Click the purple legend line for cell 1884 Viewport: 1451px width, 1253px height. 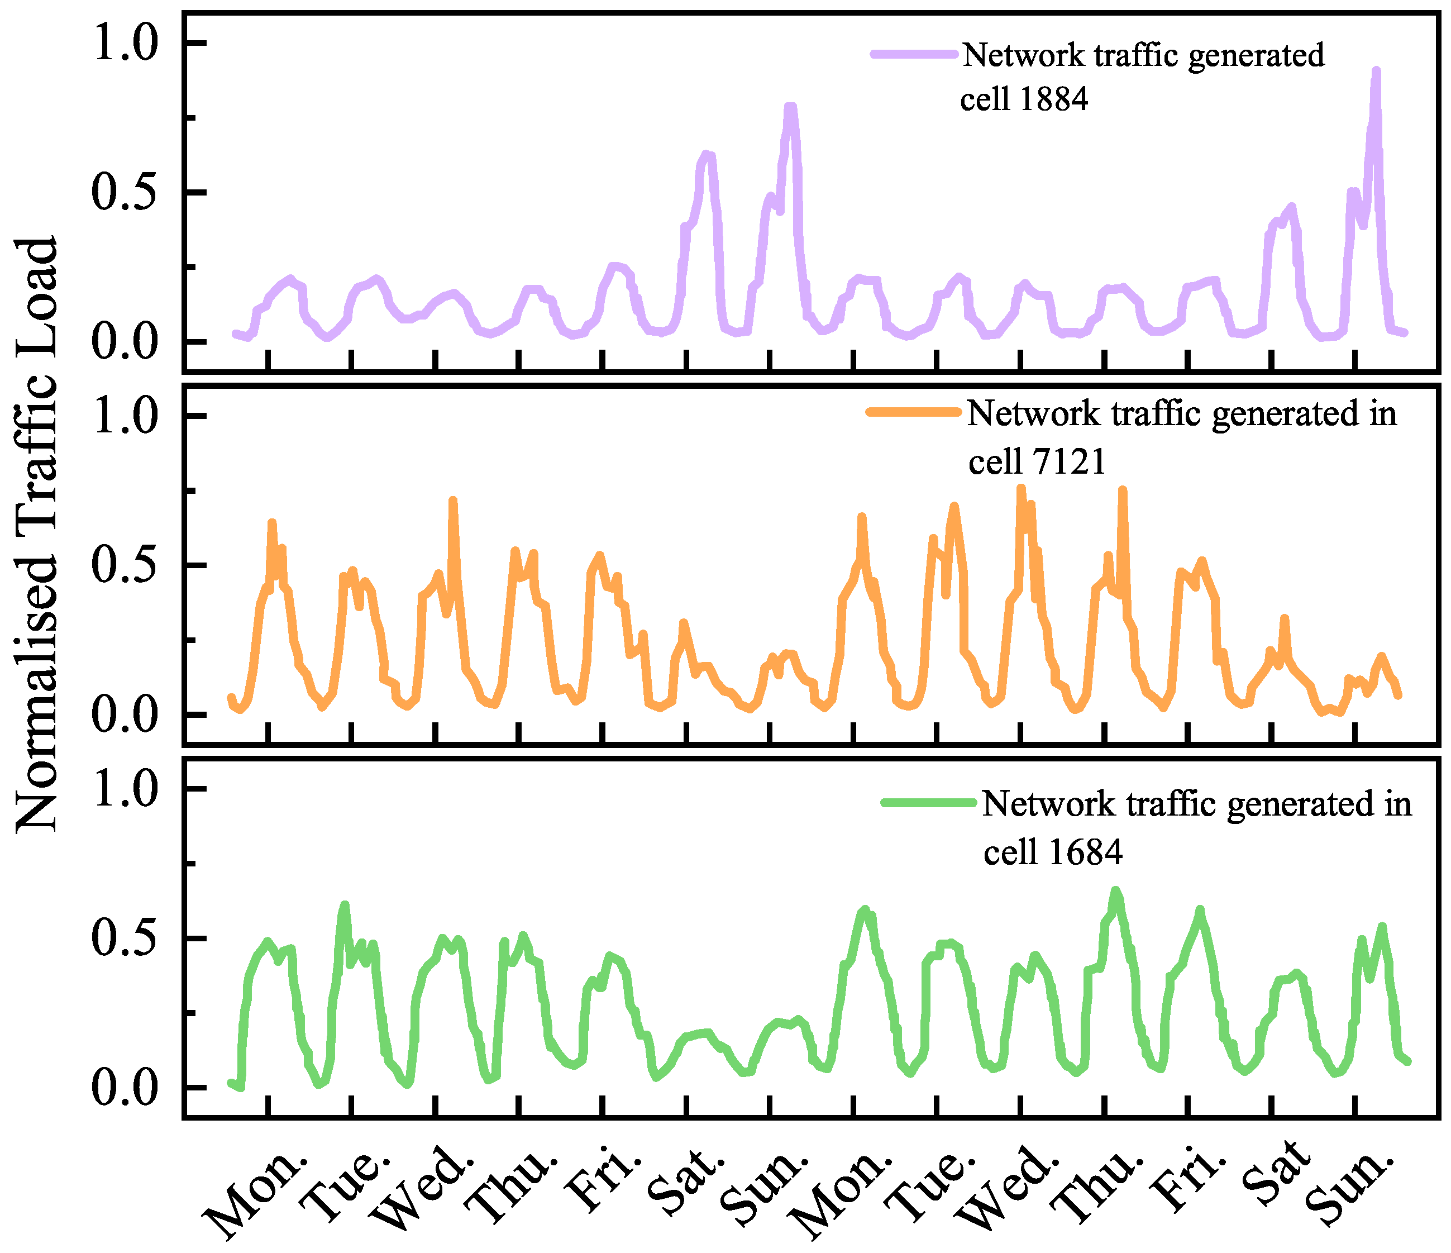pyautogui.click(x=913, y=55)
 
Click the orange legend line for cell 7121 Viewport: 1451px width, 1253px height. pyautogui.click(x=913, y=412)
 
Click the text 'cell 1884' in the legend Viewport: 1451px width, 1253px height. pyautogui.click(x=1024, y=99)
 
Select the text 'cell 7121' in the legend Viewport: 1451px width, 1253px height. pyautogui.click(x=1037, y=461)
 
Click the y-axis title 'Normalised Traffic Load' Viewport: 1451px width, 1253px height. pyautogui.click(x=36, y=536)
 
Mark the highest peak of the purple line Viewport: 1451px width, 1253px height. pyautogui.click(x=1376, y=72)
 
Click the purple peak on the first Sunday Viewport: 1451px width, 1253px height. pyautogui.click(x=790, y=107)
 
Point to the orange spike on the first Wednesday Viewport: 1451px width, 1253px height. pyautogui.click(x=453, y=501)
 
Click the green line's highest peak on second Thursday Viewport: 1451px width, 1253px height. pyautogui.click(x=1115, y=891)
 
